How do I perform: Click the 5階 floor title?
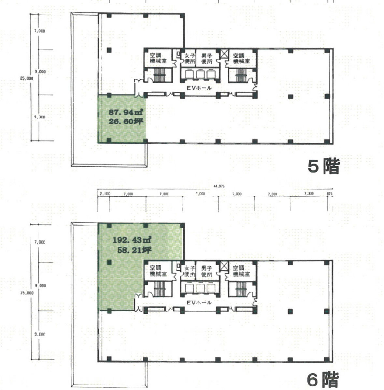(323, 166)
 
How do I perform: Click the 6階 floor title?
(323, 379)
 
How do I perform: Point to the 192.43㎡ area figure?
(132, 240)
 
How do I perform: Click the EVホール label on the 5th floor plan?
(199, 88)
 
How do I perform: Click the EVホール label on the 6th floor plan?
(199, 303)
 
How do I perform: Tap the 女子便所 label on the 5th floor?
(189, 58)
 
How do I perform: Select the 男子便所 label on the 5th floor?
(207, 58)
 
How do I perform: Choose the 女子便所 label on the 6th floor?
(189, 271)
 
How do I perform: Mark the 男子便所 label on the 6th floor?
(207, 271)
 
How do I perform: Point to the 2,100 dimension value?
(105, 194)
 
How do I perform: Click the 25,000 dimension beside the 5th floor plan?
(27, 78)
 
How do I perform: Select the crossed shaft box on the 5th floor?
(224, 54)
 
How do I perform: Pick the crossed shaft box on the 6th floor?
(224, 266)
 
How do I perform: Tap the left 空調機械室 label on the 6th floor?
(158, 271)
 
